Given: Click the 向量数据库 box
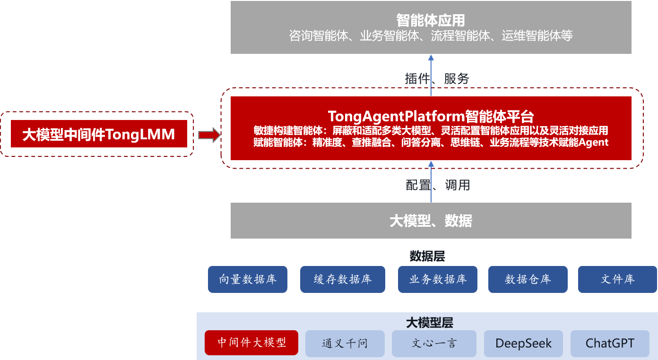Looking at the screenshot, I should [248, 279].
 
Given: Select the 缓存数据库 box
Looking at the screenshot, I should [343, 279].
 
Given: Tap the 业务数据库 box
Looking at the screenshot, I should [438, 279].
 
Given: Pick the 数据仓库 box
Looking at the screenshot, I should [528, 279].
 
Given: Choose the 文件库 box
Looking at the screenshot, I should [617, 279].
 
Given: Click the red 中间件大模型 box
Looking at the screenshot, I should [251, 343].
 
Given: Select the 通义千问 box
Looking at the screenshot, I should [345, 343].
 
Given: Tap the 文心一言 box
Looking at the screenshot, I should [434, 343].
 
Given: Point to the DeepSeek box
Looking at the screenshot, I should [523, 343].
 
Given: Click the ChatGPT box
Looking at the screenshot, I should [610, 343].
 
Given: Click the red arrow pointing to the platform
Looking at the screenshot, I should [209, 136].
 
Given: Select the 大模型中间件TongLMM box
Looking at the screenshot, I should [99, 134].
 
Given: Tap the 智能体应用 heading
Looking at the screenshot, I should [431, 20].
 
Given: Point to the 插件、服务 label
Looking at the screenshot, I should [436, 78].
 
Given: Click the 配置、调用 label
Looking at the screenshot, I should [438, 185].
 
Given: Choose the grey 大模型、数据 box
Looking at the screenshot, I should [431, 221].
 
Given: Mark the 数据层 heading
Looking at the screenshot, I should [427, 256].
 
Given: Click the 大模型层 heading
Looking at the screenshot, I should [430, 323].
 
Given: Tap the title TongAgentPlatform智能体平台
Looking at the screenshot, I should [431, 116].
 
